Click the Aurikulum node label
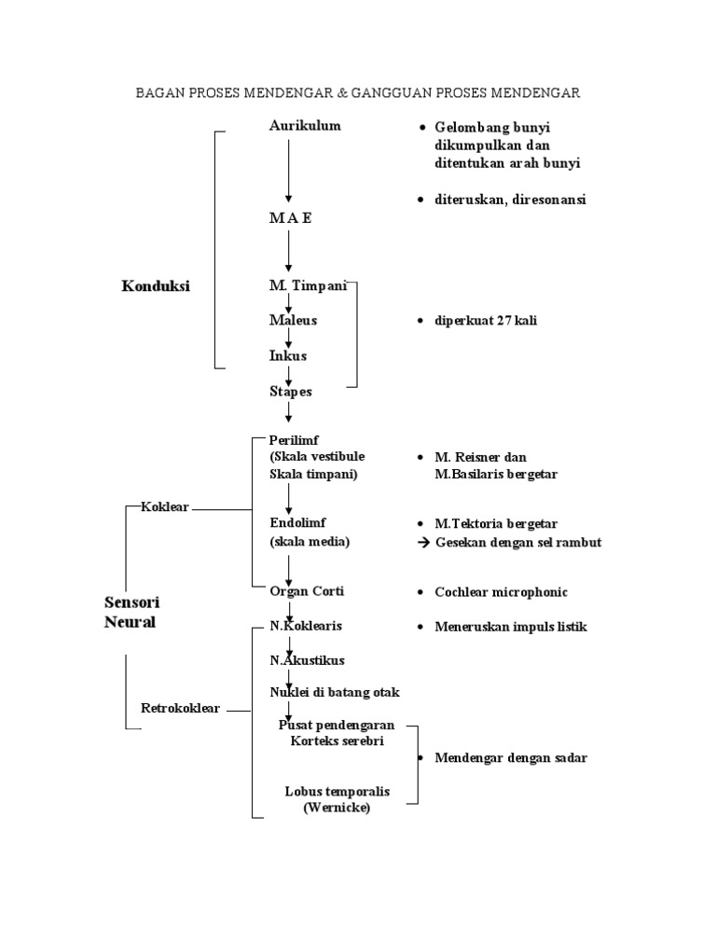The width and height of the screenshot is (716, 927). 305,126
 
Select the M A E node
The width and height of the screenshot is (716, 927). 290,217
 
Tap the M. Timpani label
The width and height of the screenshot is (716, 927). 308,285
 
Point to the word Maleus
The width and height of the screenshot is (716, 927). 293,320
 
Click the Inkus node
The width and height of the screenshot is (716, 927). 287,355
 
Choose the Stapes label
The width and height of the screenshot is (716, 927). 290,392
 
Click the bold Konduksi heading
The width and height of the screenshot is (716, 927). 156,286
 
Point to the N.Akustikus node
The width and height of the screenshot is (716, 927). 307,660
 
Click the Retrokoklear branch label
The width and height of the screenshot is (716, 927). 180,708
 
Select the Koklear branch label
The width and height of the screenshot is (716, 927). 165,506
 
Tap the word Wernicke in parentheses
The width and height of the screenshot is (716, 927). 337,809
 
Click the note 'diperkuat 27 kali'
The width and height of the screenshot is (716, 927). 486,321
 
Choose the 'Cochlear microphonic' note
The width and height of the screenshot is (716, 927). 501,592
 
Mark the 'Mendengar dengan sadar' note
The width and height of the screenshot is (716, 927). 511,758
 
